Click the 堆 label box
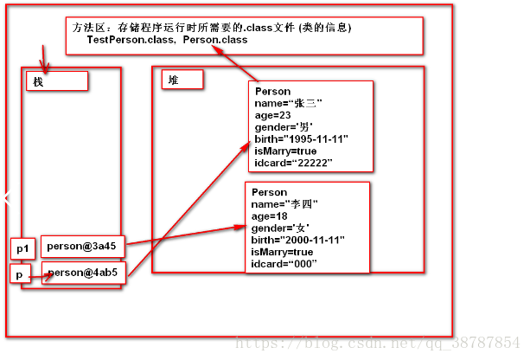(x=182, y=79)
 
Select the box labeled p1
(x=23, y=248)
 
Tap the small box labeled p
(x=21, y=273)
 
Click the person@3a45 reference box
(x=83, y=245)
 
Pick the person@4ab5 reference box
(x=83, y=273)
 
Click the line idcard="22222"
(x=294, y=163)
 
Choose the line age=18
(x=268, y=215)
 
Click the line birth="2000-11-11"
(x=297, y=240)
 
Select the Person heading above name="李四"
(x=268, y=191)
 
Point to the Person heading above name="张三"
(x=272, y=91)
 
